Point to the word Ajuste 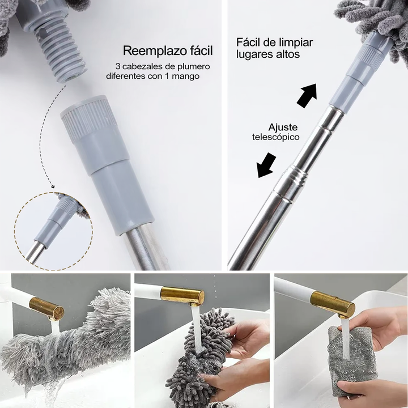click(x=283, y=127)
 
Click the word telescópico click(x=276, y=137)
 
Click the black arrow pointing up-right click(x=307, y=95)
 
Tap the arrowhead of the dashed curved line click(x=53, y=186)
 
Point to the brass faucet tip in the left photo click(x=47, y=309)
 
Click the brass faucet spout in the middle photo click(x=182, y=296)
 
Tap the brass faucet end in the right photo click(x=333, y=305)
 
